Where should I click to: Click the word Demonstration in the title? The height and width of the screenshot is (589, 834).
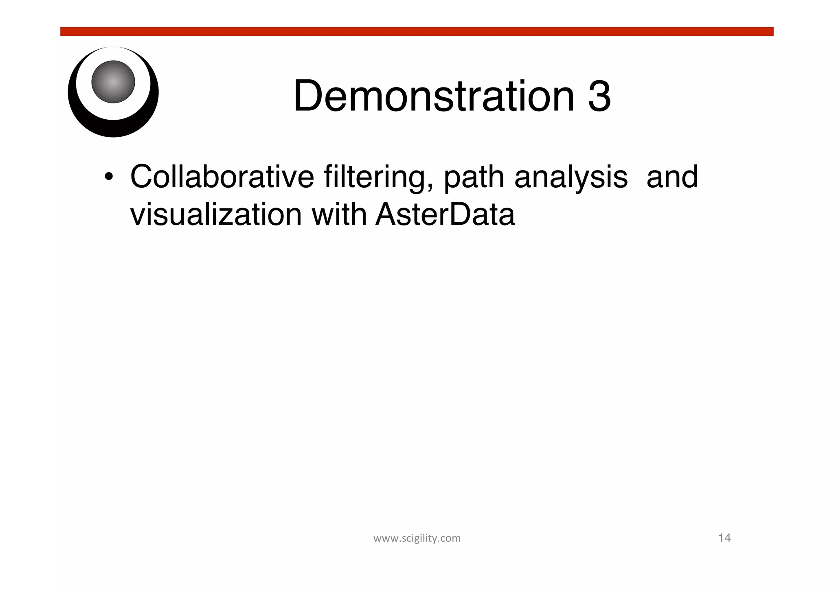point(433,96)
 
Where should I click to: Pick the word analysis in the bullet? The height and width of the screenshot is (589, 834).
point(571,177)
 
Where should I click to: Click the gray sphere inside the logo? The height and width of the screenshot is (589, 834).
point(113,82)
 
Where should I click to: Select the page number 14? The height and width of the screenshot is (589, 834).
point(724,538)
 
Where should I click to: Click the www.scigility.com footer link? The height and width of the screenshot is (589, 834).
point(417,538)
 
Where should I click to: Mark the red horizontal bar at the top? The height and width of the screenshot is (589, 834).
point(417,32)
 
